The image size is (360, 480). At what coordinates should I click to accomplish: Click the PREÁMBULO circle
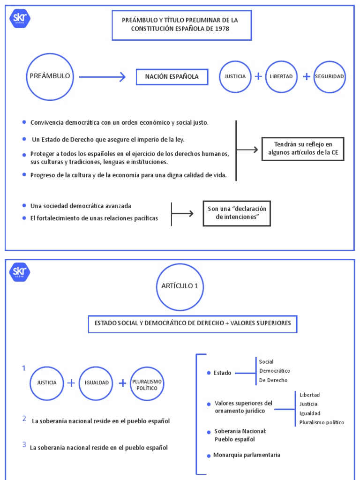coord(50,76)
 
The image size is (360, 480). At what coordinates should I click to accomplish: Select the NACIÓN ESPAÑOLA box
coord(172,76)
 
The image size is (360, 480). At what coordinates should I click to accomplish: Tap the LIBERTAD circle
coord(281,76)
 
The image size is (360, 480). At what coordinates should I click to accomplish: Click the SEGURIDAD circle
coord(330,76)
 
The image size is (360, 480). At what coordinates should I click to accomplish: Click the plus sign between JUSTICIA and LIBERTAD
coord(258,76)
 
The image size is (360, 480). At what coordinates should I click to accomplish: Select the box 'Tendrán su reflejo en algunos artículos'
coord(303,149)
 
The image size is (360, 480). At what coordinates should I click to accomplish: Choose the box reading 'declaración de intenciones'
coord(237,213)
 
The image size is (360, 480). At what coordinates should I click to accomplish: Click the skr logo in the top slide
coord(20,19)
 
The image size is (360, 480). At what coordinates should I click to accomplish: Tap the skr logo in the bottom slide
coord(20,272)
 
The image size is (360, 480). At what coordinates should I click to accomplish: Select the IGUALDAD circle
coord(97,382)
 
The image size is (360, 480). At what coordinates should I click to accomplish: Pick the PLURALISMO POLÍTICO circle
coord(147,383)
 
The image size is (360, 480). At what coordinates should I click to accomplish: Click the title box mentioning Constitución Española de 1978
coord(181,25)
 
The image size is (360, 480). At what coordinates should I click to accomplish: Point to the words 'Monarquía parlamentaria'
coord(247,455)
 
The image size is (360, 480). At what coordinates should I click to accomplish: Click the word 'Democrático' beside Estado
coord(274,371)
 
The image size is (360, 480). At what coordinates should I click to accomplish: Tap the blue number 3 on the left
coord(24,445)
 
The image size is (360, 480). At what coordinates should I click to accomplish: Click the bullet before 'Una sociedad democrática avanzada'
coord(24,205)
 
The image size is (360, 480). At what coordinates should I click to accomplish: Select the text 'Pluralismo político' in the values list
coord(322,422)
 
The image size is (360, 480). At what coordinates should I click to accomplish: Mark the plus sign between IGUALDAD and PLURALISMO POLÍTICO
coord(122,383)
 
